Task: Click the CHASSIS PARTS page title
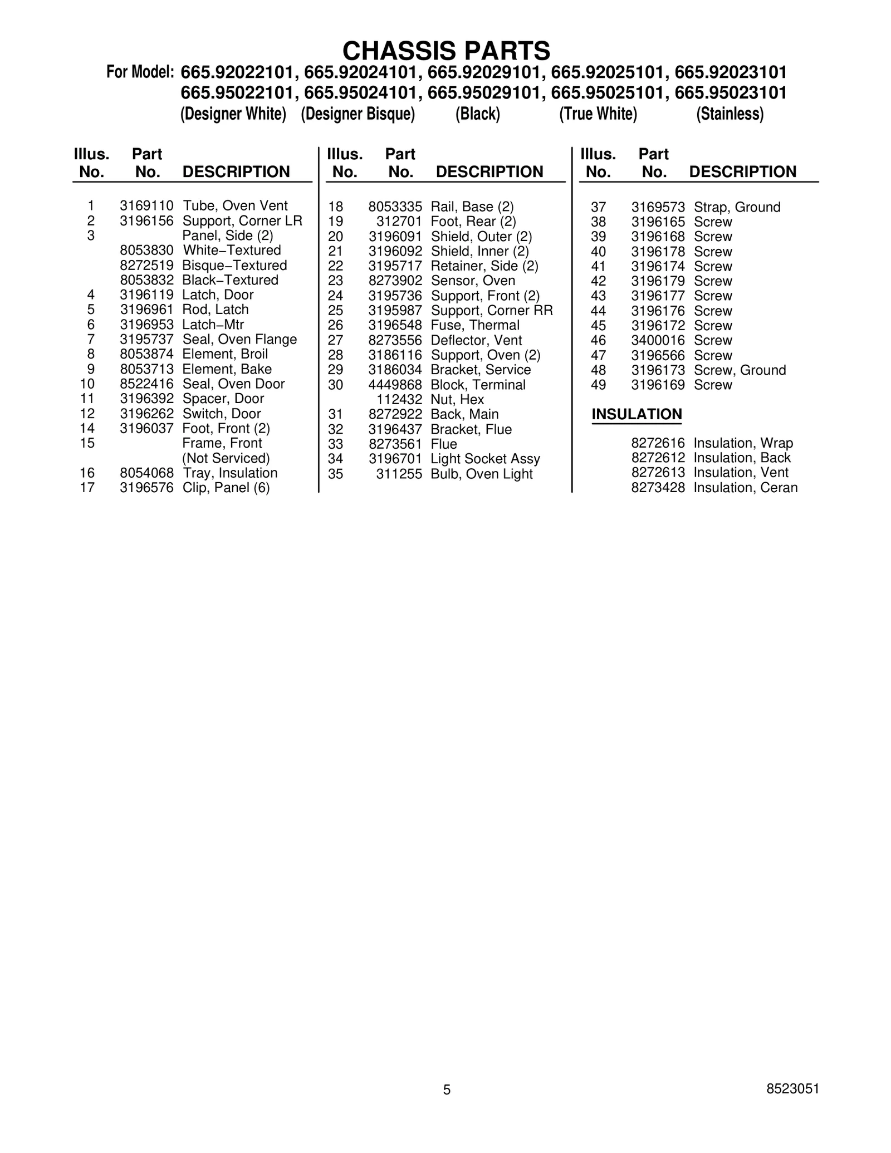pos(446,51)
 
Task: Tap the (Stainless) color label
pos(730,114)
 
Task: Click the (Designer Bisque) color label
pos(358,114)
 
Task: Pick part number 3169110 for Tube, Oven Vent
pos(146,206)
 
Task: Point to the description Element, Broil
pos(225,354)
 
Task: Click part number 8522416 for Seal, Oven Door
pos(146,384)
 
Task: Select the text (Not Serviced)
pos(226,458)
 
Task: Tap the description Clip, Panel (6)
pos(226,488)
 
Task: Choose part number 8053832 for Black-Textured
pos(146,280)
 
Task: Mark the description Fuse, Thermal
pos(475,325)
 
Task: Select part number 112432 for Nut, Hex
pos(399,400)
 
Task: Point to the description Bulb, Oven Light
pos(482,474)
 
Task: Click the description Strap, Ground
pos(737,207)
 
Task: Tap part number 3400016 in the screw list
pos(658,340)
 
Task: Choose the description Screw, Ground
pos(740,370)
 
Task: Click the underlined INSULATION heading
pos(637,414)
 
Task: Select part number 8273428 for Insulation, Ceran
pos(658,488)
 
